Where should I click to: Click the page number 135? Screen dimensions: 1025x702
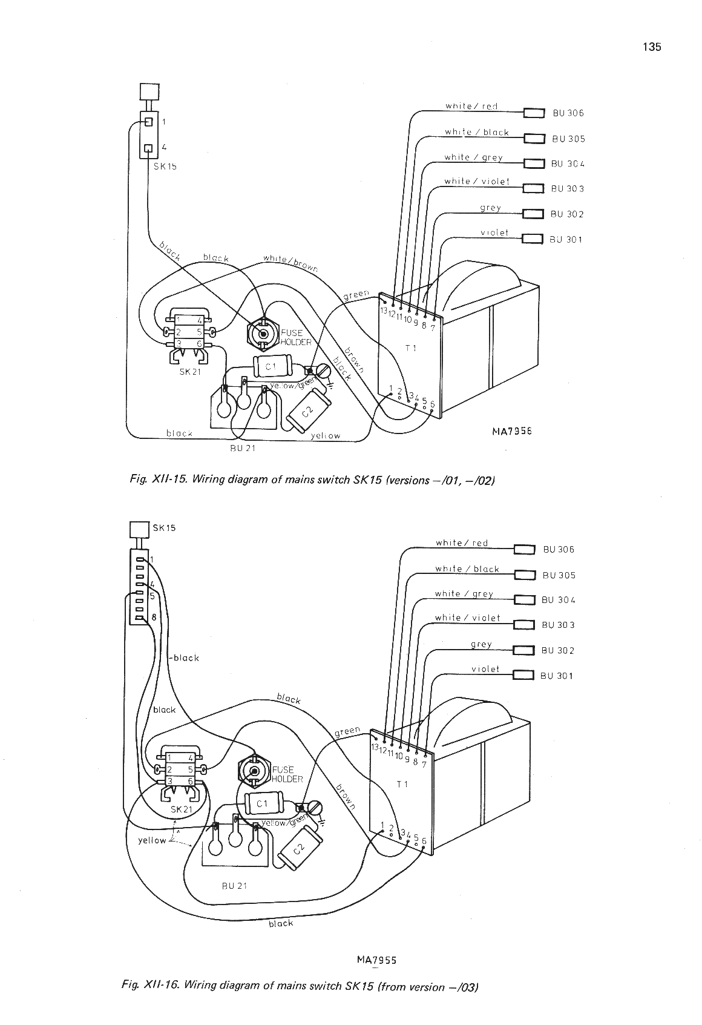pos(652,47)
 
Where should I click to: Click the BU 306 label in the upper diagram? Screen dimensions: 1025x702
pos(567,113)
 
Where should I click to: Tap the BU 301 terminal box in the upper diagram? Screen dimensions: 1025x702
pos(533,239)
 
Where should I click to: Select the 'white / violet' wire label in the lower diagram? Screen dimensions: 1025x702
pos(467,618)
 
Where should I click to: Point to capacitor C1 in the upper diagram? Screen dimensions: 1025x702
pos(271,366)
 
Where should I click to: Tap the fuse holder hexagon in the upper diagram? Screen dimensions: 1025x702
pos(263,334)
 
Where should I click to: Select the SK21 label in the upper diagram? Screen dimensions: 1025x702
pos(189,372)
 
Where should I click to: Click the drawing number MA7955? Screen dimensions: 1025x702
pos(376,960)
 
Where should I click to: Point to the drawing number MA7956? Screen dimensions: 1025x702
pos(511,431)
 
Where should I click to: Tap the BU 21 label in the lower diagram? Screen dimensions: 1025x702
pos(234,886)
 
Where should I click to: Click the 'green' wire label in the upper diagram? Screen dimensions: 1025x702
pos(356,295)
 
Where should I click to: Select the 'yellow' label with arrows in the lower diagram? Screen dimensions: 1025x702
pos(152,840)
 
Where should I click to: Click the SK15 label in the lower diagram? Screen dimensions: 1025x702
pos(164,527)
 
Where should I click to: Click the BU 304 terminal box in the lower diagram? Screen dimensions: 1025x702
pos(523,600)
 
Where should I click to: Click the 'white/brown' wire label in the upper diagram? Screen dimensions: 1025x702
pos(290,263)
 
